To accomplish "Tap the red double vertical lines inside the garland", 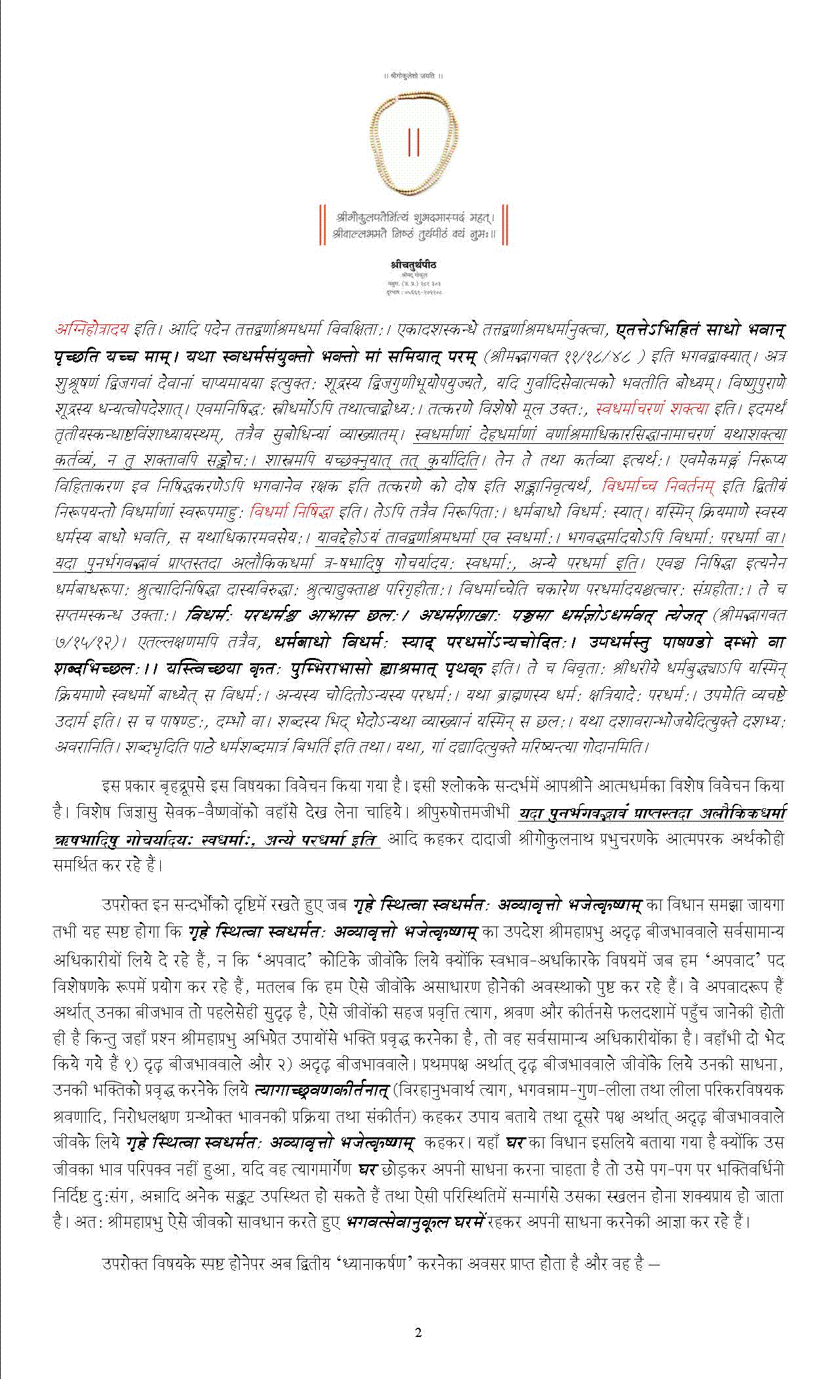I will pyautogui.click(x=413, y=143).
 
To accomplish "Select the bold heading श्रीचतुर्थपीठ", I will pyautogui.click(x=413, y=264).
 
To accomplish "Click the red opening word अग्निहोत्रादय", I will pyautogui.click(x=91, y=329).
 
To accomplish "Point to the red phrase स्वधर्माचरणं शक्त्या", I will pyautogui.click(x=652, y=408).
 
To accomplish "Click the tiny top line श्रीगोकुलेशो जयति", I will pyautogui.click(x=413, y=76).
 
